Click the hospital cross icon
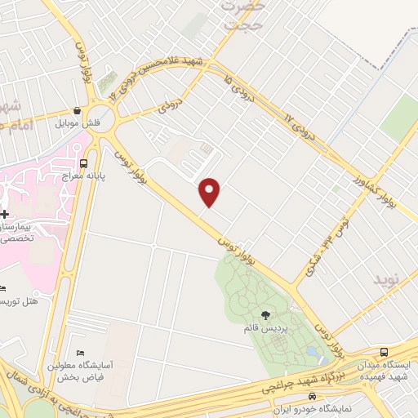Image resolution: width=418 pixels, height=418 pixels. coord(5,189)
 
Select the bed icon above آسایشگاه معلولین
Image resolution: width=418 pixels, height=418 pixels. coord(79,351)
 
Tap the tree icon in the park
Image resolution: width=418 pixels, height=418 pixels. coord(264,313)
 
